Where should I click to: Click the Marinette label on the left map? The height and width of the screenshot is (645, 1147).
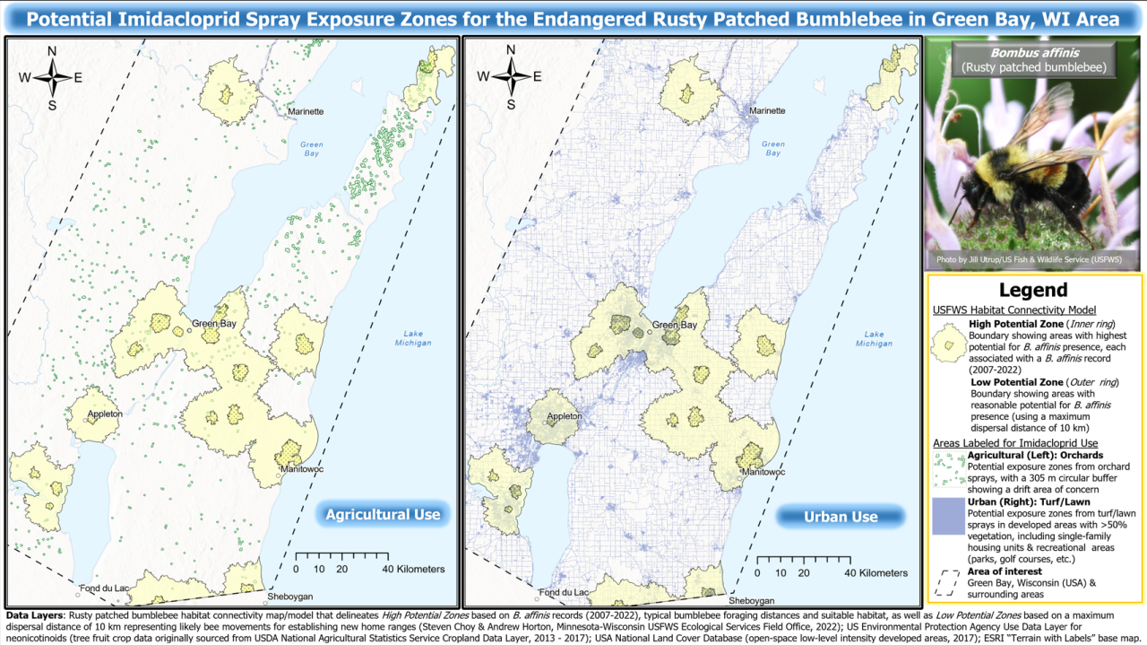(x=306, y=111)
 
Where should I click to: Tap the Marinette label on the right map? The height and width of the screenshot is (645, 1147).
(x=766, y=111)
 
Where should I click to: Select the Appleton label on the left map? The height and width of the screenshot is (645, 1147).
(x=106, y=416)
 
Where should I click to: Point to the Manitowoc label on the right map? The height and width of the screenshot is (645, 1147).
(x=763, y=471)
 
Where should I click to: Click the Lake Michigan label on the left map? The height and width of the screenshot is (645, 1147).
(x=411, y=338)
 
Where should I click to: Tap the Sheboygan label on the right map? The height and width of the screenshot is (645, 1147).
(x=751, y=600)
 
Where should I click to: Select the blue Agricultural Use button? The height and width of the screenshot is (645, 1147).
(x=383, y=514)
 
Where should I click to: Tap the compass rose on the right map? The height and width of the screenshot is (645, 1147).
(x=511, y=76)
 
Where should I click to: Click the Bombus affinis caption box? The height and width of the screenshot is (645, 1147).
(x=1033, y=59)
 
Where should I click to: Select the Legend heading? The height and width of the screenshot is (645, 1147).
(x=1033, y=290)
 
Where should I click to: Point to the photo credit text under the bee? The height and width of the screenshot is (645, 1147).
(x=1033, y=259)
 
